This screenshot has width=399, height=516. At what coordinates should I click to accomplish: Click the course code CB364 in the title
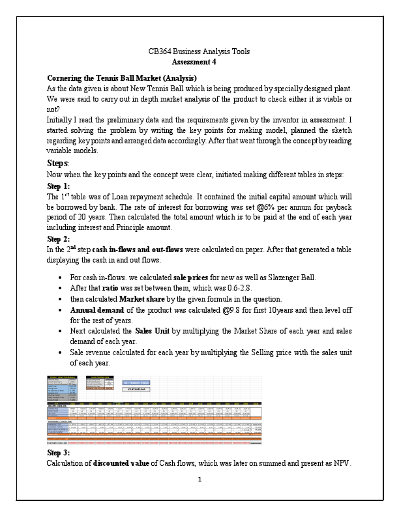[161, 51]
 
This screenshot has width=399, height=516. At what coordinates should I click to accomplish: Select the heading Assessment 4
[199, 62]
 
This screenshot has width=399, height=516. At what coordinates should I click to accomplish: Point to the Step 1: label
[60, 186]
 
